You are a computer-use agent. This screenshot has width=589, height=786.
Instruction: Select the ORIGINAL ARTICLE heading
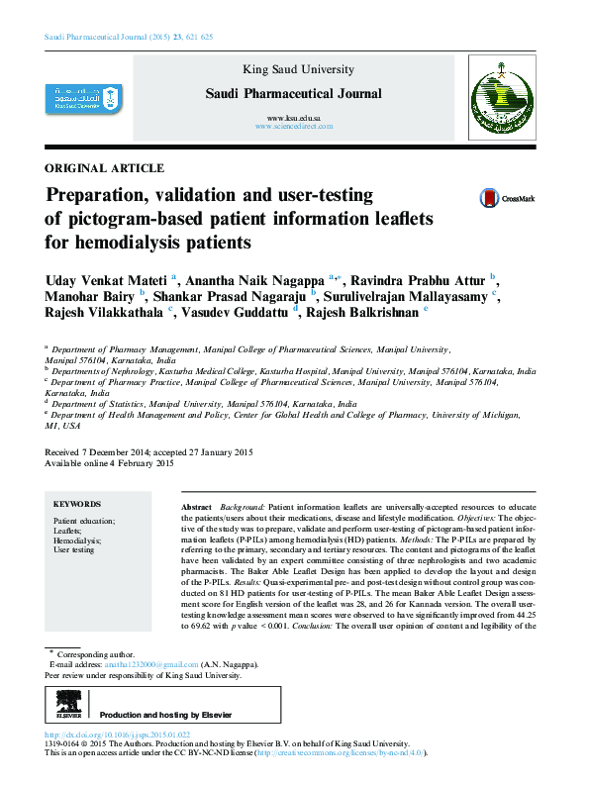tap(105, 168)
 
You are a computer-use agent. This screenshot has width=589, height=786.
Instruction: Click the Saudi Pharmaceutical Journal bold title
tap(292, 93)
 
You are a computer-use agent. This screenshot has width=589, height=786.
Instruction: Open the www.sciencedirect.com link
tap(292, 128)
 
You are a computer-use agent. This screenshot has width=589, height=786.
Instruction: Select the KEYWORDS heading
tap(77, 504)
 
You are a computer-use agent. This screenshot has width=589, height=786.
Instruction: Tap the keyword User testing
tap(74, 550)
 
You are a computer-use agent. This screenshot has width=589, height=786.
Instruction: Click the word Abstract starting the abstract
tap(197, 507)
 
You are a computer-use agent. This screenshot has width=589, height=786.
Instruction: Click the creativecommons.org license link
tap(340, 753)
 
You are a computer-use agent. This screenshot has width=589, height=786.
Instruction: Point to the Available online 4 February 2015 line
tap(110, 463)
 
